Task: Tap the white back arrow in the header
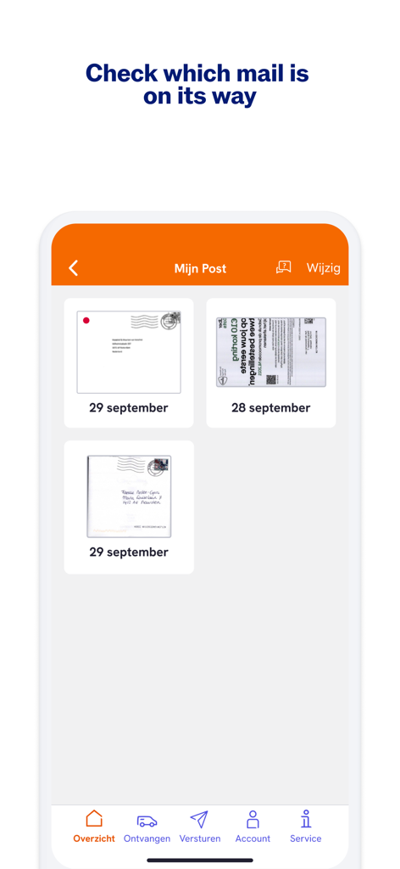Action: click(74, 268)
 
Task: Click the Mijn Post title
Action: click(200, 268)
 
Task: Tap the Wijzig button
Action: click(323, 268)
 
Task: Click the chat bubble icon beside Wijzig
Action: click(284, 267)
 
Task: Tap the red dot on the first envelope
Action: click(86, 320)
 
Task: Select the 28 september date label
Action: click(270, 408)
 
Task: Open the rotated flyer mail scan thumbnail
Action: click(270, 352)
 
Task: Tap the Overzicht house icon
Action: click(94, 819)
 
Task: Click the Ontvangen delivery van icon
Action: click(147, 821)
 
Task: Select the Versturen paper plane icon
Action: click(199, 819)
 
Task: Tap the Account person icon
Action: click(253, 819)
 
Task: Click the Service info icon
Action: click(305, 819)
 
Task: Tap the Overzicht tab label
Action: click(94, 838)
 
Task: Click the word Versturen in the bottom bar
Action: click(200, 838)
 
